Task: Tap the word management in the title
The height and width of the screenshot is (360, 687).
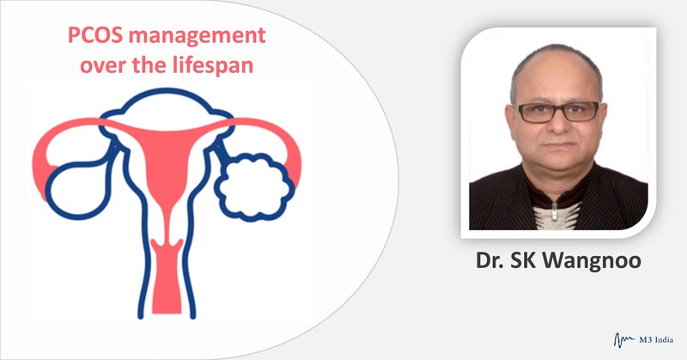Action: [198, 35]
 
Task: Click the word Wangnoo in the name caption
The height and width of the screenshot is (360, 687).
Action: [593, 260]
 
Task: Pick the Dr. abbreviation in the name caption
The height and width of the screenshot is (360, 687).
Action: [489, 260]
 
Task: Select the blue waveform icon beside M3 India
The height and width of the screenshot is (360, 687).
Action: [624, 339]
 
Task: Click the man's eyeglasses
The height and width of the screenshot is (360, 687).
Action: [558, 112]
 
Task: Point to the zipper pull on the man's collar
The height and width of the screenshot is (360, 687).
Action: [554, 211]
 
